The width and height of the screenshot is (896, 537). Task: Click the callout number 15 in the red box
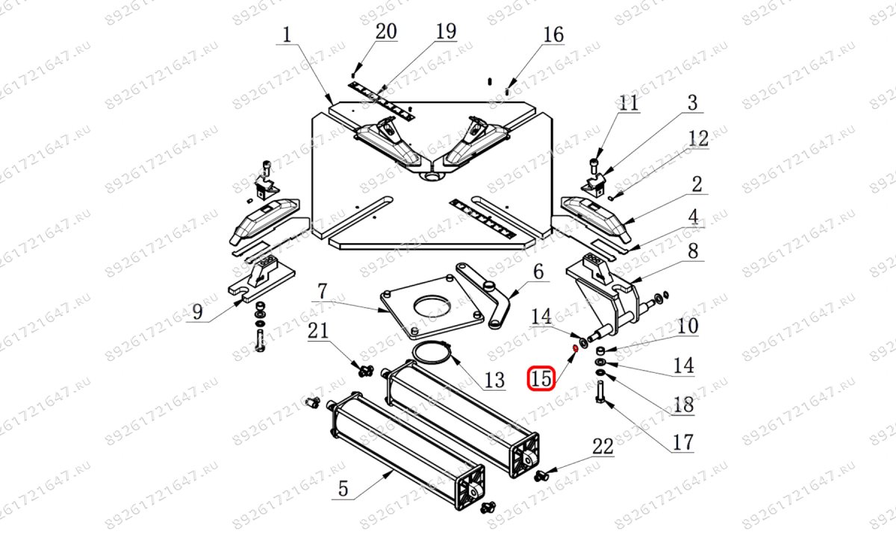(541, 378)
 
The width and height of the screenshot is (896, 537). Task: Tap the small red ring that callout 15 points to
(575, 349)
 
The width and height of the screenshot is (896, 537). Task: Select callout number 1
(287, 35)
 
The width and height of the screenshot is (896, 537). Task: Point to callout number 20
(386, 31)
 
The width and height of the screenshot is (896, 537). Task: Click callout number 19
(446, 31)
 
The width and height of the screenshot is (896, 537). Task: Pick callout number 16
(553, 35)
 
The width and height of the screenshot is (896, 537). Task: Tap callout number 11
(629, 103)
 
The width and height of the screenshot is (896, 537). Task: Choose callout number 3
(692, 103)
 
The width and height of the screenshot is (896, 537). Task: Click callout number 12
(698, 138)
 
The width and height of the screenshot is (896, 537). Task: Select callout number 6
(539, 271)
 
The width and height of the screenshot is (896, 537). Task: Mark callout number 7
(323, 292)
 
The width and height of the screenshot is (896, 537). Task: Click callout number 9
(197, 312)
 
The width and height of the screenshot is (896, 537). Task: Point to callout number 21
(318, 331)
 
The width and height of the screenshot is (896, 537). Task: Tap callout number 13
(495, 380)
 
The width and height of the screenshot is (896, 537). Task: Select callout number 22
(603, 446)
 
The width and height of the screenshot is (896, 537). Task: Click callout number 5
(343, 489)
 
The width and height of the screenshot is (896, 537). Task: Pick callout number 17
(683, 442)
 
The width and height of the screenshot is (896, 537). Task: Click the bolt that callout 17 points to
(599, 392)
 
